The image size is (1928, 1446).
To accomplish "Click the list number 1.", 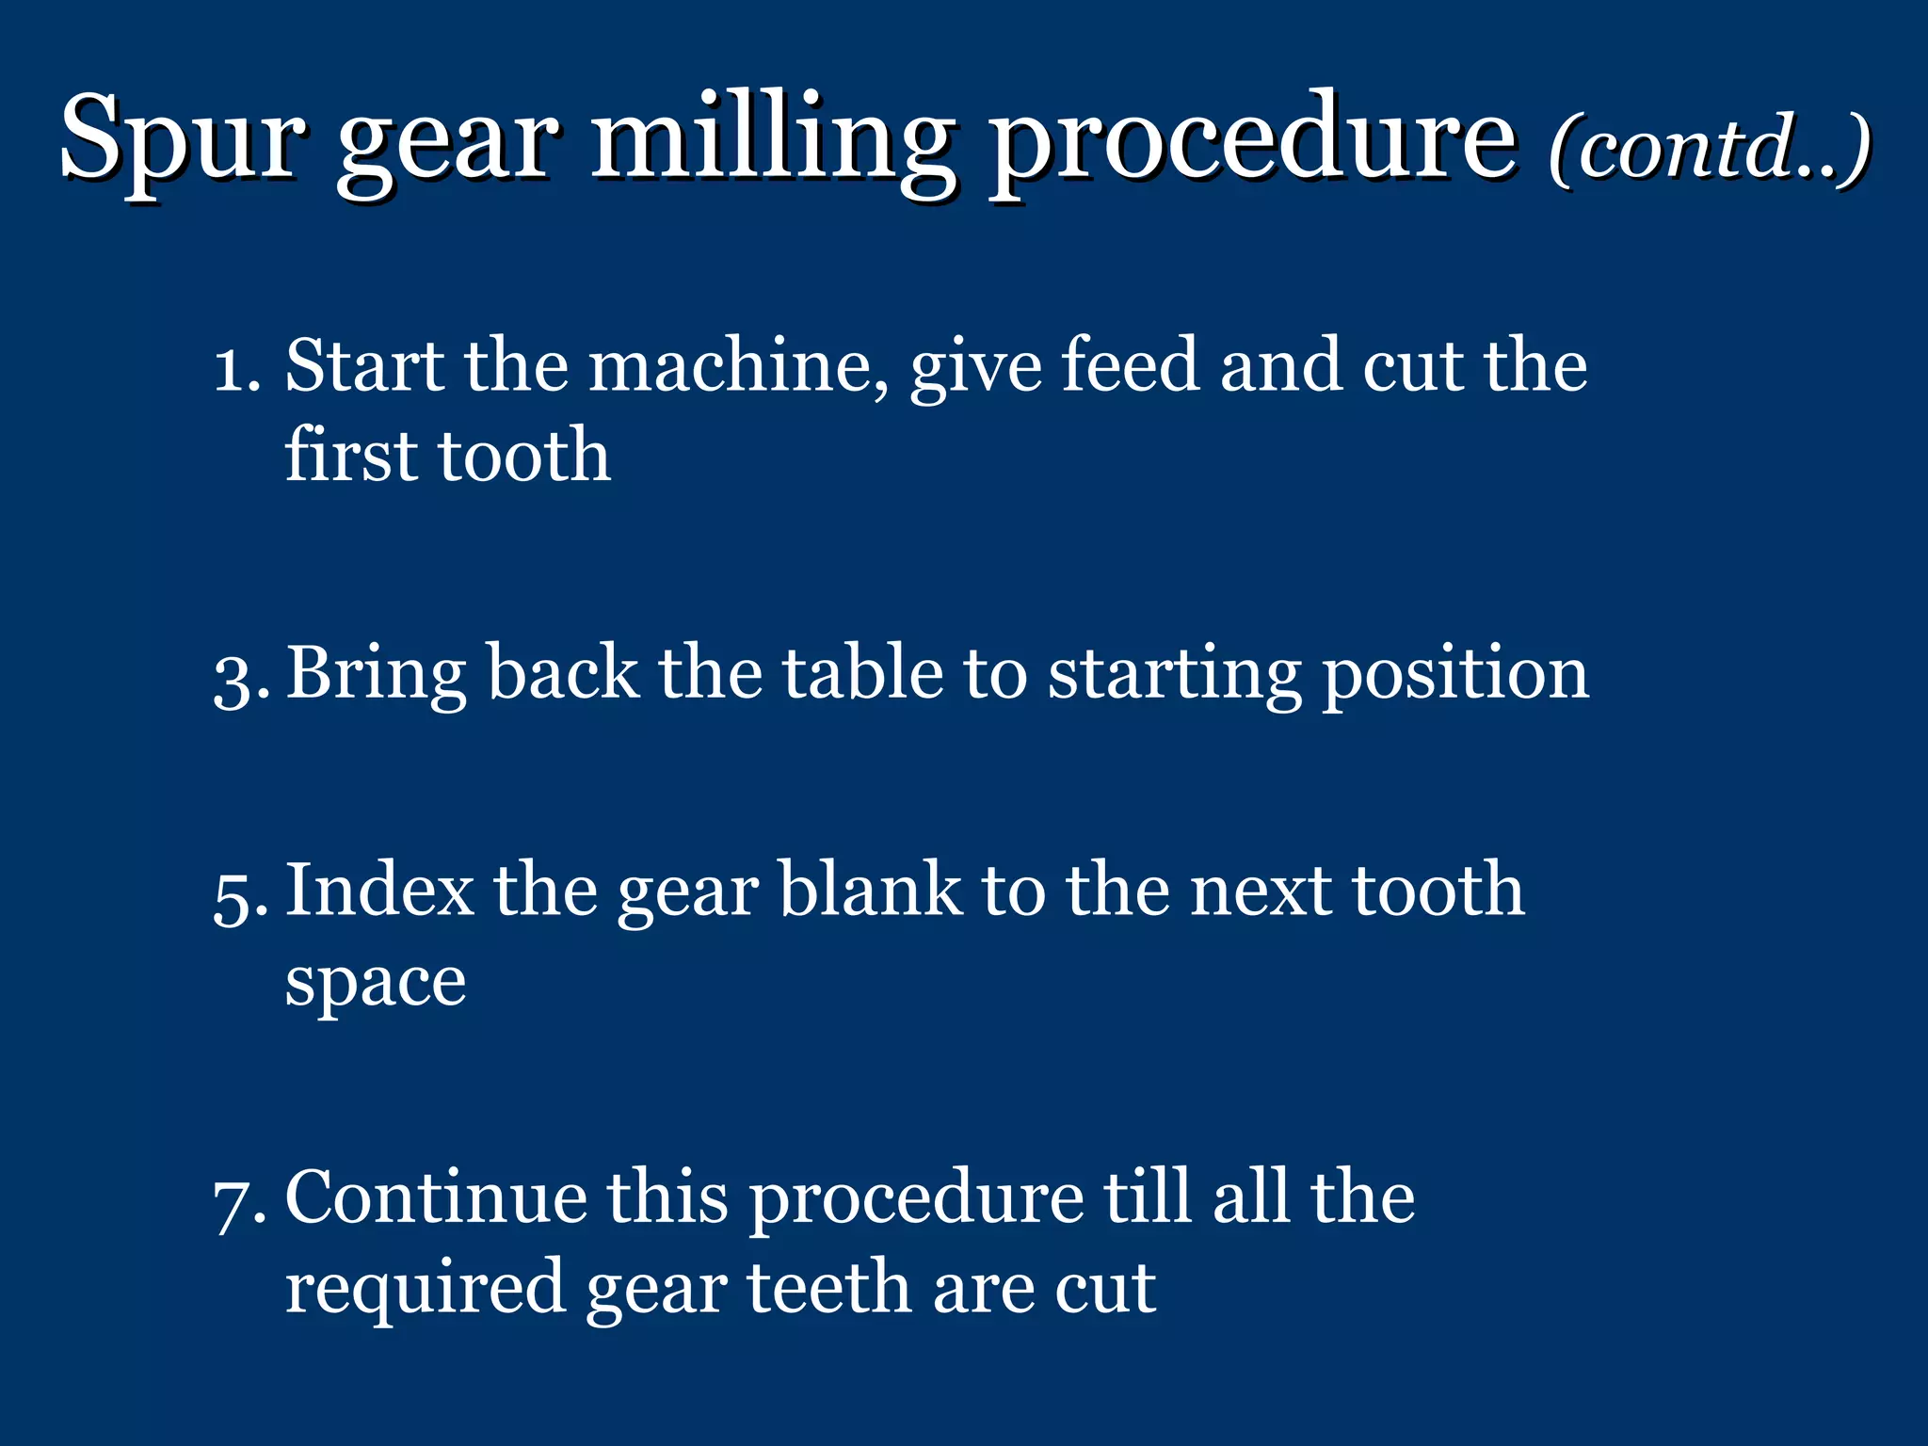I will (235, 367).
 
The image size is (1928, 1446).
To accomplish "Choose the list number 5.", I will (237, 894).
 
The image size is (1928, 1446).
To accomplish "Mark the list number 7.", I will (237, 1203).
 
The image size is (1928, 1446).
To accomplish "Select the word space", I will (376, 985).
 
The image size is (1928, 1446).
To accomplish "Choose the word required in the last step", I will (425, 1290).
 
